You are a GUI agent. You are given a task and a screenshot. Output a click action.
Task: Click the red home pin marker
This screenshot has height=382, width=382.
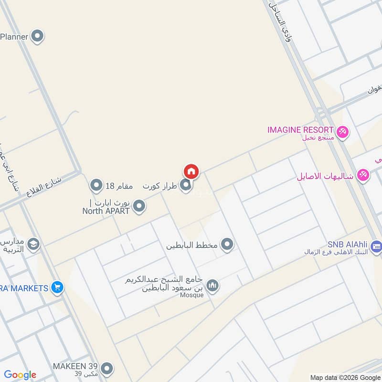191,171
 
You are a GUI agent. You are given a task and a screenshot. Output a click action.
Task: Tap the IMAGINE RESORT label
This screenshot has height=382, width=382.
300,129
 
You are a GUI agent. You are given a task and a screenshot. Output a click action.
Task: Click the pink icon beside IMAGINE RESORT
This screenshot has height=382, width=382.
342,131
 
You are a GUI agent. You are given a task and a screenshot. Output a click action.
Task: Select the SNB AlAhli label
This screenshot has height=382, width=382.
347,243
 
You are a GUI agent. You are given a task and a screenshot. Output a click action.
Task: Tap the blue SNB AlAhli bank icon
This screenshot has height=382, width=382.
377,246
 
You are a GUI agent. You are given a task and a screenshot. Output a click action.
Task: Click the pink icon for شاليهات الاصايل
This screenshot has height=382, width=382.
363,175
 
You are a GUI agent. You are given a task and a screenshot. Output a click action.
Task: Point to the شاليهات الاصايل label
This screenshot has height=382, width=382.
325,176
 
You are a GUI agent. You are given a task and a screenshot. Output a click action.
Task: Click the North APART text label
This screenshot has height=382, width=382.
106,211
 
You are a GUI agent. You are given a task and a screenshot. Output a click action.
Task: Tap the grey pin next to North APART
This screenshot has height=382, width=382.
139,206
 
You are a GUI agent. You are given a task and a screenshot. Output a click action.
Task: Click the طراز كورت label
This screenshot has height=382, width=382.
160,185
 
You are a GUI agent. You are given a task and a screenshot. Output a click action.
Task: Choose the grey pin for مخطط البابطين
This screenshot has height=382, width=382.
227,244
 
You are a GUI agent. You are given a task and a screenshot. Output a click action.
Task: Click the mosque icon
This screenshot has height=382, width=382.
213,285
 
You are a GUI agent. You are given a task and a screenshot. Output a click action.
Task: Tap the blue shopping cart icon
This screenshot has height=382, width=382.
58,287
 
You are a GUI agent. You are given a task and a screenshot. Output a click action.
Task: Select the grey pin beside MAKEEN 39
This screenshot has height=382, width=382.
107,368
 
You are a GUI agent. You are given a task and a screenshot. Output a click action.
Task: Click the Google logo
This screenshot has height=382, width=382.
20,375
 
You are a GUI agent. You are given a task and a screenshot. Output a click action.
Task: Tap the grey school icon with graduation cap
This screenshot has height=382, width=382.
33,244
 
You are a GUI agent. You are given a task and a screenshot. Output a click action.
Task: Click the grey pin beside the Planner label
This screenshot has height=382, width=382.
37,36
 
